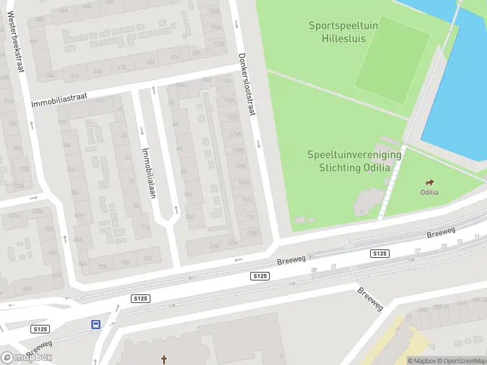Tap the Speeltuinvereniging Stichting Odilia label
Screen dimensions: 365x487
point(354,161)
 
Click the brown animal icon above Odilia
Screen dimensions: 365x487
point(430,182)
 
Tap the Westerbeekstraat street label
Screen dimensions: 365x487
point(15,42)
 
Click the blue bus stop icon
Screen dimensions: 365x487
point(96,324)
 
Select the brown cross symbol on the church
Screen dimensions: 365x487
point(164,360)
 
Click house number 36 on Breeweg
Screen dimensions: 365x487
point(314,269)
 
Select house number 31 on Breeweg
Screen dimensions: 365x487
point(334,266)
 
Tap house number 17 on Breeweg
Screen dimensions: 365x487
point(417,251)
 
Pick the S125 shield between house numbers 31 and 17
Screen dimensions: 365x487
point(379,253)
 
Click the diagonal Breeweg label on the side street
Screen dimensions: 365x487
point(371,299)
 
